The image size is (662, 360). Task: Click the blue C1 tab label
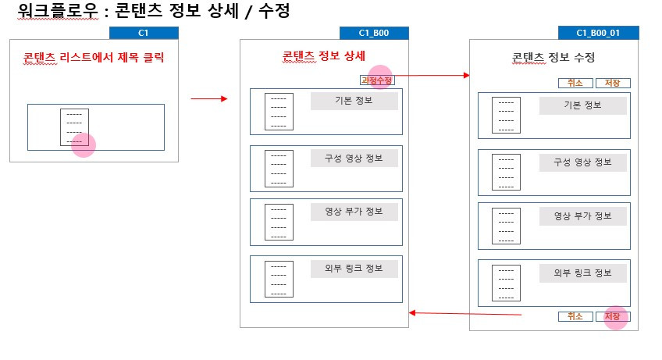point(144,33)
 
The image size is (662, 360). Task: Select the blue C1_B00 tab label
point(374,33)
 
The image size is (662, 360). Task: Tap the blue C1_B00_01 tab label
point(598,33)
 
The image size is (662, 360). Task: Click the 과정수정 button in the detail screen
point(377,80)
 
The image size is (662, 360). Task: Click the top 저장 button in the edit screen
point(613,83)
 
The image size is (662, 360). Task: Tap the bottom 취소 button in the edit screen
point(575,316)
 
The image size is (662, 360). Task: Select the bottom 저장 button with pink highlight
point(613,316)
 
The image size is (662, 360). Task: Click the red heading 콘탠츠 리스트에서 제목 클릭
point(94,58)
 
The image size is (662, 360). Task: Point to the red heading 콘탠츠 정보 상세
point(323,56)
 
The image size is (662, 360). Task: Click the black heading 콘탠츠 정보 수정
point(553,58)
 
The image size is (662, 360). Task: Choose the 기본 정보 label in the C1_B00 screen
point(354,101)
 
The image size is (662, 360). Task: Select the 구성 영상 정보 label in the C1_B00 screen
point(354,159)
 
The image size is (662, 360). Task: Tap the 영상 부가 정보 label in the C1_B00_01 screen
point(582,216)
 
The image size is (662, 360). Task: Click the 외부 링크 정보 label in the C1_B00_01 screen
point(582,273)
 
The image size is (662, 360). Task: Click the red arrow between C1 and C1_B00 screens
point(209,99)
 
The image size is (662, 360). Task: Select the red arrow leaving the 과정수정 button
point(432,76)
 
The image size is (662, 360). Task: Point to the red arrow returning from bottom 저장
point(465,313)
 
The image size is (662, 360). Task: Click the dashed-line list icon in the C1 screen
point(74,127)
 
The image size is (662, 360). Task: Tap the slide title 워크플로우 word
point(58,11)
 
